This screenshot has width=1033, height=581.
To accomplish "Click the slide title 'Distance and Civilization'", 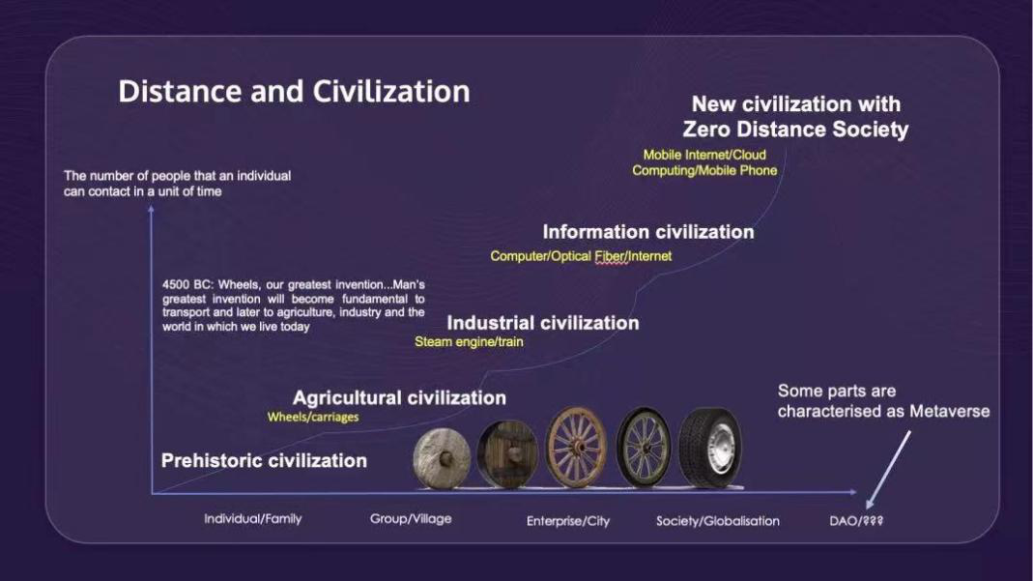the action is [x=294, y=92].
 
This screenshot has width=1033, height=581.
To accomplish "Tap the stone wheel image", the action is [x=442, y=458].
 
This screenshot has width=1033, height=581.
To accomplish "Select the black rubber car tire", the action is [x=710, y=448].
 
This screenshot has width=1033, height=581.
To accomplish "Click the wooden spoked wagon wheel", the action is [x=576, y=448].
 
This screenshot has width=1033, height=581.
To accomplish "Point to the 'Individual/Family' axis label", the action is [x=253, y=519].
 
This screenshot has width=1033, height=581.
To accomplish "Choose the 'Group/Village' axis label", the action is [x=411, y=519].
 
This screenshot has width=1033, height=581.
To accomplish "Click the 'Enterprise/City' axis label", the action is [x=568, y=521].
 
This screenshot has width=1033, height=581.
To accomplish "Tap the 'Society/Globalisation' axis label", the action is [x=717, y=521].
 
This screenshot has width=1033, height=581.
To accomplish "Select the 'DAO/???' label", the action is [x=856, y=521].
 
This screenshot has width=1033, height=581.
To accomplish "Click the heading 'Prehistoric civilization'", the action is [x=264, y=460].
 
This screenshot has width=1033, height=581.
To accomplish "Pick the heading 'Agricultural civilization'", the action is [x=399, y=398].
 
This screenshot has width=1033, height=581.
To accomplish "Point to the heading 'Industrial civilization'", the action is [x=543, y=323].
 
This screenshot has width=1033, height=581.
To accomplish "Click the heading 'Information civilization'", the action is [x=648, y=232].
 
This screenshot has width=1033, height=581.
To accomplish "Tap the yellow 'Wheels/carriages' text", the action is [x=313, y=417].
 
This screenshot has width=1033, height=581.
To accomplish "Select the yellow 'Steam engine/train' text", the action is [x=469, y=342].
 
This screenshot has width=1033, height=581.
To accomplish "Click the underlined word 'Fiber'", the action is [x=610, y=256].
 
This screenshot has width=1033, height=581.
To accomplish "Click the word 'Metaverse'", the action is [x=949, y=411].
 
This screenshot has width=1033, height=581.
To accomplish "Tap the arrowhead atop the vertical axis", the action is [x=151, y=209].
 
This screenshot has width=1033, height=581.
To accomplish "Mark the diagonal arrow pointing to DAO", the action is [x=888, y=470].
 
